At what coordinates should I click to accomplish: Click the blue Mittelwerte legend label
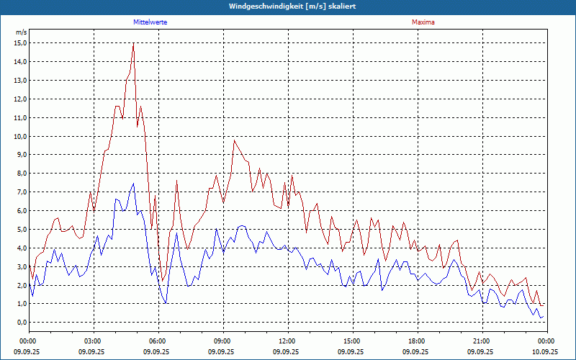[150, 22]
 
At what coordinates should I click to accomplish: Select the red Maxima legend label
[423, 22]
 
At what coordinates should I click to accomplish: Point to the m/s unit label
[22, 32]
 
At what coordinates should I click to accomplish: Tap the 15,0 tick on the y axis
[20, 43]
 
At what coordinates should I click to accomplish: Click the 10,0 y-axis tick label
[20, 136]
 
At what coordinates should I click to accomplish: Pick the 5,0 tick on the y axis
[22, 230]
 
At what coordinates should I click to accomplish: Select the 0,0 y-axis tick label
[22, 323]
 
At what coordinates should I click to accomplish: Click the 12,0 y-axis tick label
[20, 99]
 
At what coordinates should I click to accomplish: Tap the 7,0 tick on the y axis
[22, 192]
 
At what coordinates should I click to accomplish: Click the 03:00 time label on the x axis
[92, 341]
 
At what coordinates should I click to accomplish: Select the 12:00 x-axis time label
[287, 341]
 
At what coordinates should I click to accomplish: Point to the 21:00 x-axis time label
[481, 341]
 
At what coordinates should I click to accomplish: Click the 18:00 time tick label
[416, 341]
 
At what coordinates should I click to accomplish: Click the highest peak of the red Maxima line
[133, 45]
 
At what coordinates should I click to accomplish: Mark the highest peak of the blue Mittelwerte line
[133, 184]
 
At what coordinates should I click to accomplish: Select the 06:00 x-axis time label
[157, 341]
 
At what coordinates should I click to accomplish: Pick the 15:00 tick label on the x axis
[351, 341]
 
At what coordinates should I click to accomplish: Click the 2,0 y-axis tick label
[22, 285]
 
